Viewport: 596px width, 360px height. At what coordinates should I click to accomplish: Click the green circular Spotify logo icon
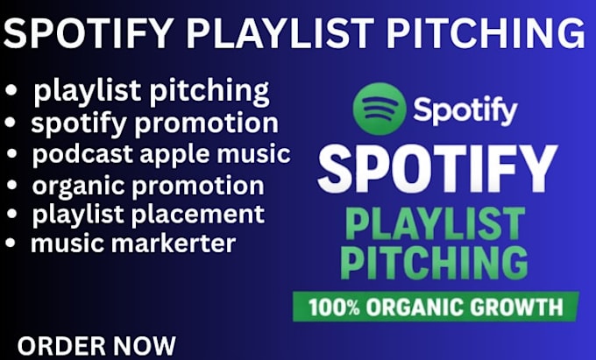point(379,109)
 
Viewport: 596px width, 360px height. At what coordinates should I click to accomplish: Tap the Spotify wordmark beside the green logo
point(465,111)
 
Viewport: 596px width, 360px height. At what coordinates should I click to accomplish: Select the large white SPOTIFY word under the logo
point(437,168)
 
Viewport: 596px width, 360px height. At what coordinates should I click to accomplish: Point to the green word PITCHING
point(434,263)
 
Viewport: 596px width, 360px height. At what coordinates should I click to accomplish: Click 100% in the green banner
point(334,307)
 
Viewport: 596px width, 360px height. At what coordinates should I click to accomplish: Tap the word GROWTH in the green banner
point(516,307)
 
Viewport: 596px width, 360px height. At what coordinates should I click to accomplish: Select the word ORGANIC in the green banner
point(415,307)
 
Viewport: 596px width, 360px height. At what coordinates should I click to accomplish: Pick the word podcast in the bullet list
point(82,154)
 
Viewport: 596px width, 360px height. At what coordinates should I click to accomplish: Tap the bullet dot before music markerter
point(11,243)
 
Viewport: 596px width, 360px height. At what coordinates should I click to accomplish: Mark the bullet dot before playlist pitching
point(11,90)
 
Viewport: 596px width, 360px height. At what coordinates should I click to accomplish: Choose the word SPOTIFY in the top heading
point(89,32)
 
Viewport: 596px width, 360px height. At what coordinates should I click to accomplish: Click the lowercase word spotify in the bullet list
point(79,124)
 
